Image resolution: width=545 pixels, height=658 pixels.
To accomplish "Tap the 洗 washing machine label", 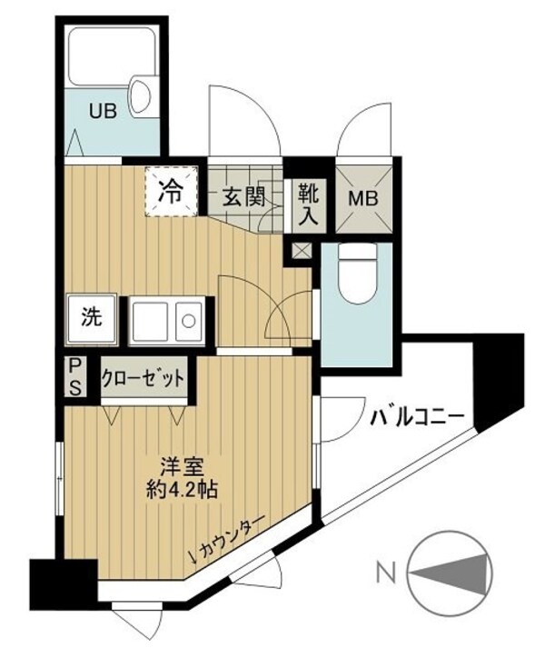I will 91,318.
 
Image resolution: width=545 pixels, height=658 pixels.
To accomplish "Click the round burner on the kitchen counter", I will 188,320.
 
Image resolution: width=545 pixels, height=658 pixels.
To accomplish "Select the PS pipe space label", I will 75,375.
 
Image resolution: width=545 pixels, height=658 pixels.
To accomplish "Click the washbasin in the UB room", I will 142,95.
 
